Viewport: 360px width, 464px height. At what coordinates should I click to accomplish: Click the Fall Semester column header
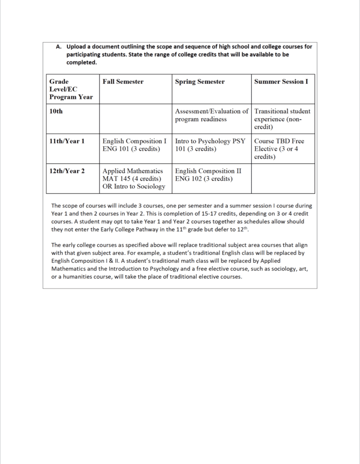[123, 82]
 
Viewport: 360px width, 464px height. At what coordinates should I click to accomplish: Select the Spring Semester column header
[199, 82]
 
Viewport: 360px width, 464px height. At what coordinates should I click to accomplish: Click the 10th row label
[56, 111]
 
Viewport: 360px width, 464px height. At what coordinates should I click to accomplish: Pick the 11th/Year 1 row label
[67, 141]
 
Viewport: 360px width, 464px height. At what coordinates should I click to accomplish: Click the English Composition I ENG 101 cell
[135, 145]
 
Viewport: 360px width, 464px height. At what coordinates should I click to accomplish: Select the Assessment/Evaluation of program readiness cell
[211, 115]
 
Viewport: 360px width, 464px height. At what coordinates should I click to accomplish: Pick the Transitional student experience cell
[282, 119]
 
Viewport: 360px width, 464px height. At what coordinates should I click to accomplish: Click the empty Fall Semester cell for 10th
[135, 119]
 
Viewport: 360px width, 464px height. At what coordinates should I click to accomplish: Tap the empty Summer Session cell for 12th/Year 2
[283, 179]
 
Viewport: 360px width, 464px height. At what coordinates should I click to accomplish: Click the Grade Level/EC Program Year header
[71, 89]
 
